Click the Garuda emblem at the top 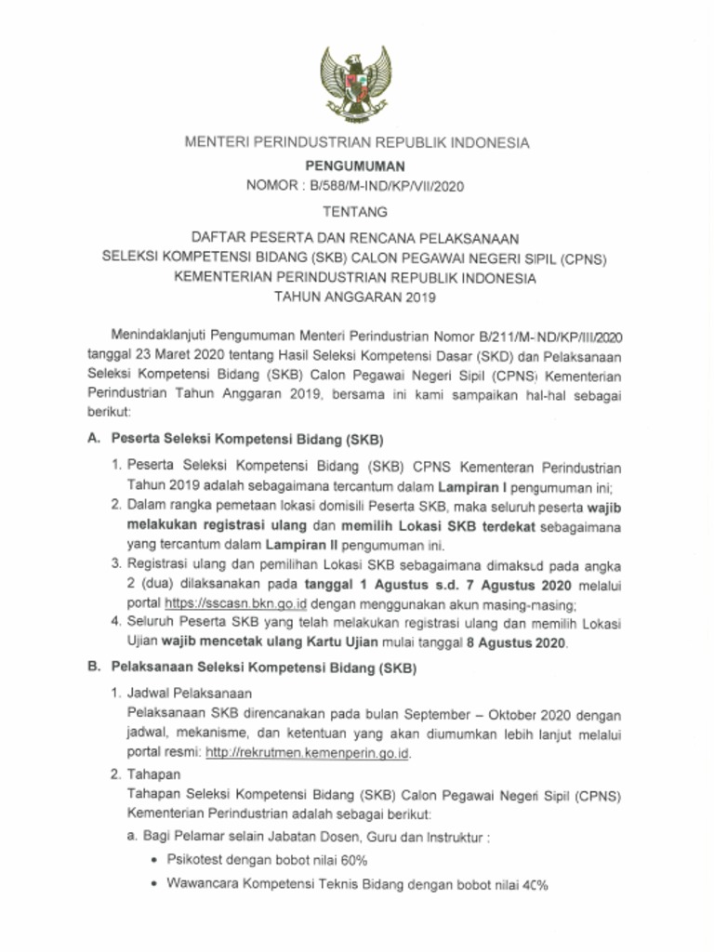356,86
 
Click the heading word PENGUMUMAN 356,165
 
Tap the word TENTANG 356,212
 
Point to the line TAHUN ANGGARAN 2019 356,298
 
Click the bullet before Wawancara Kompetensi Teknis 152,885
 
